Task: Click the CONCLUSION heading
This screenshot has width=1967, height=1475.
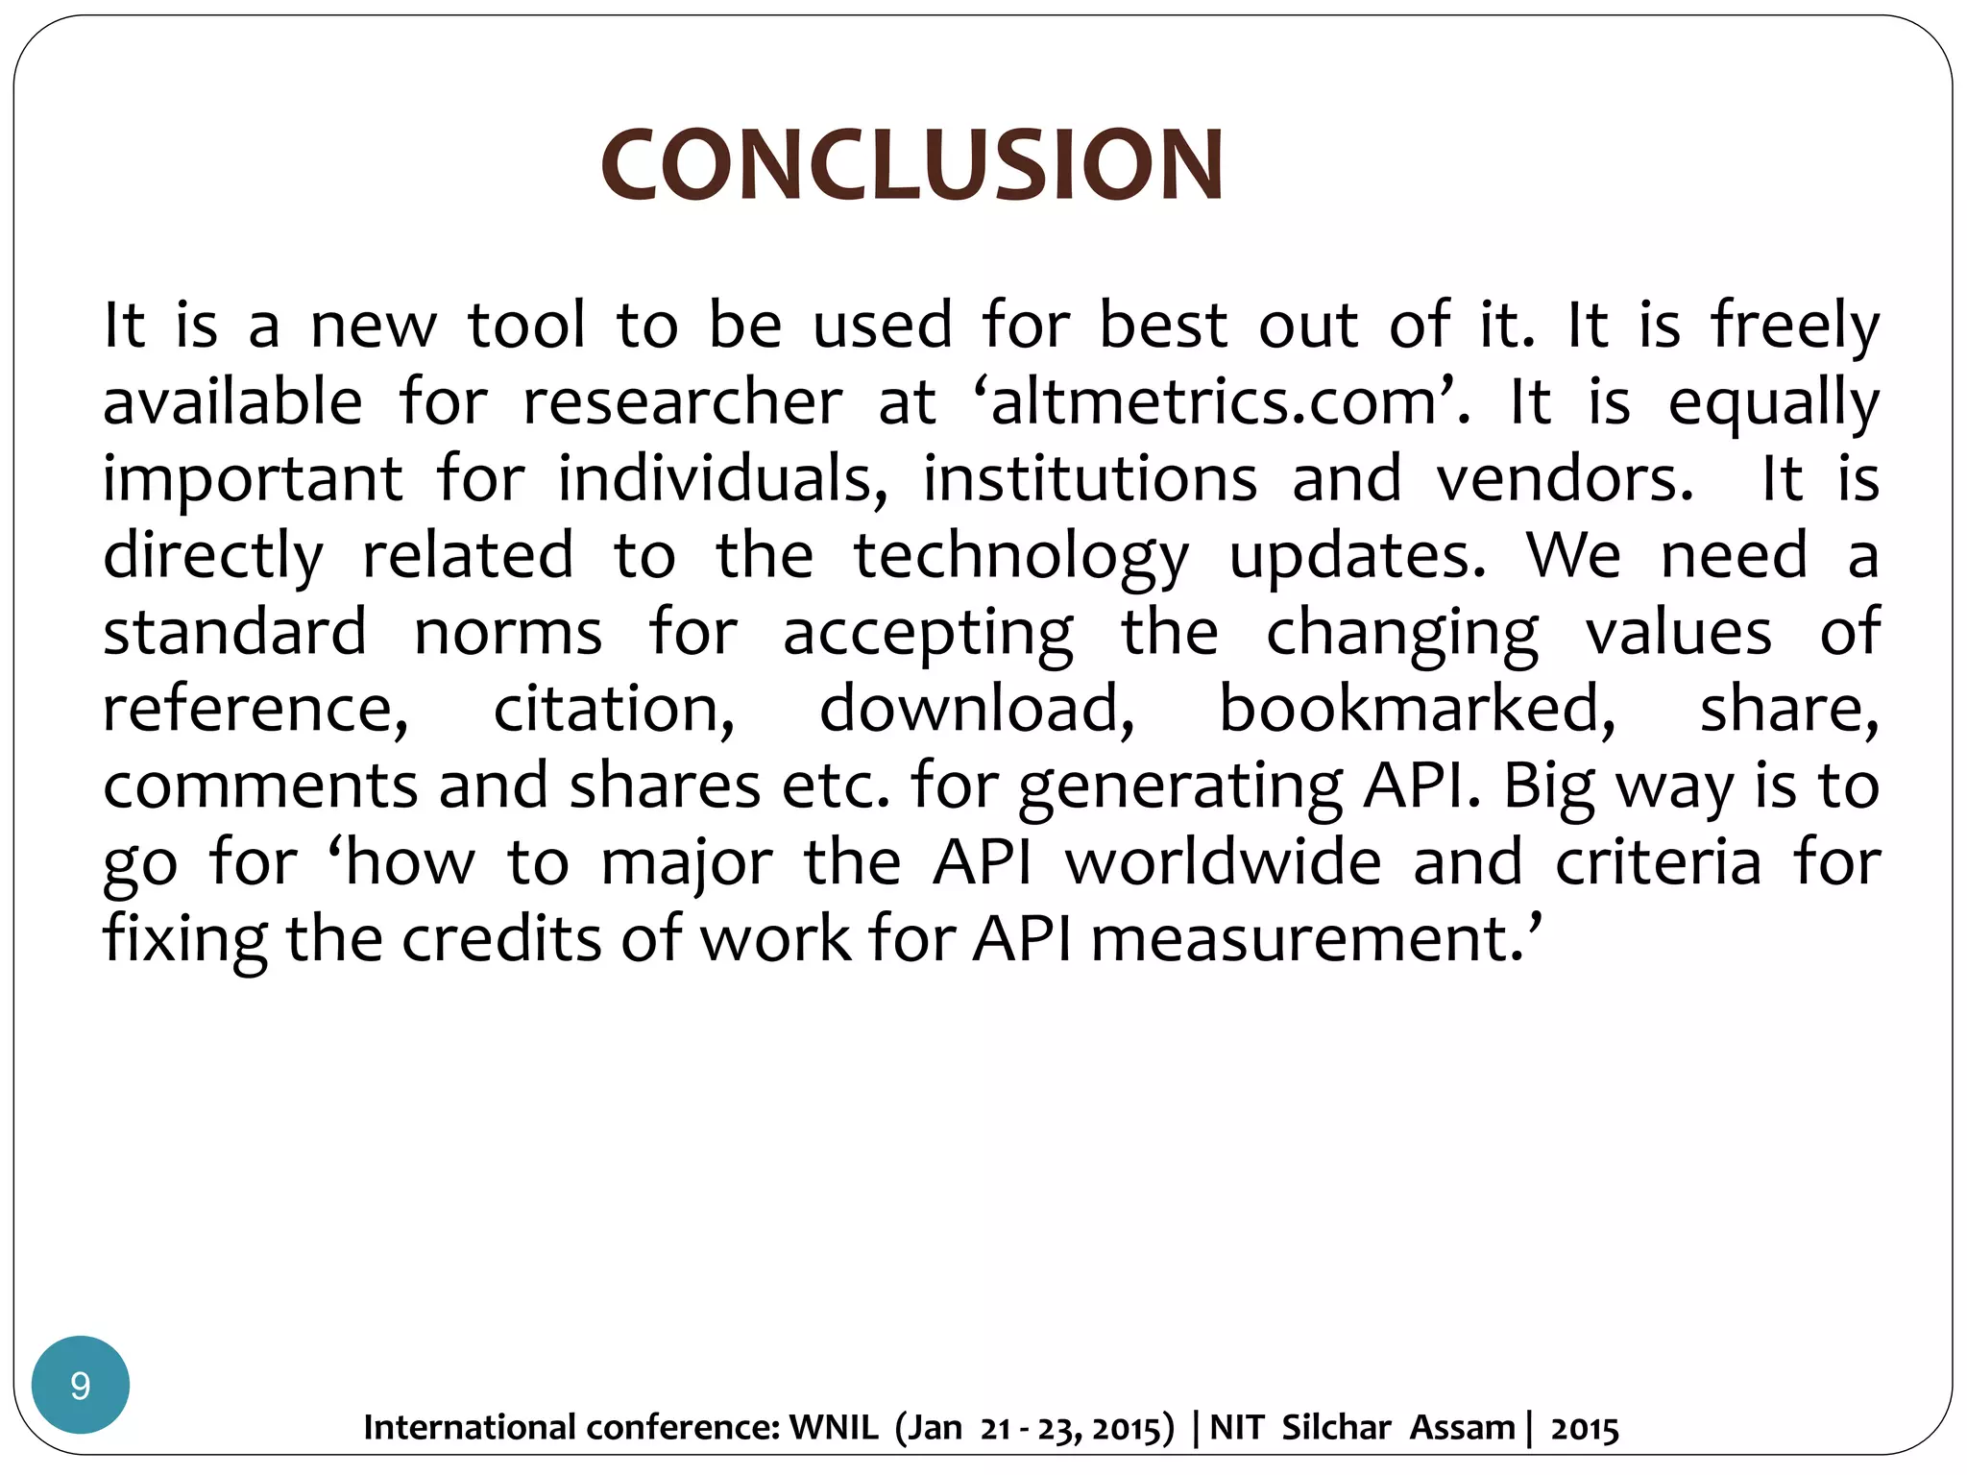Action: pyautogui.click(x=912, y=165)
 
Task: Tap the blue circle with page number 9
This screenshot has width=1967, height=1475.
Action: pyautogui.click(x=81, y=1385)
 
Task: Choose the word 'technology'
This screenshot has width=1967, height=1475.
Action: pyautogui.click(x=1022, y=557)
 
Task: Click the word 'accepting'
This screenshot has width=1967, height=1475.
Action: pyautogui.click(x=928, y=634)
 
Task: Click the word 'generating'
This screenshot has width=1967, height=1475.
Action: pyautogui.click(x=1180, y=787)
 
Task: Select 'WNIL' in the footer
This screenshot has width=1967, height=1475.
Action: pyautogui.click(x=834, y=1428)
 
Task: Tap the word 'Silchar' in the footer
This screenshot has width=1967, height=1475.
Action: pyautogui.click(x=1336, y=1428)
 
